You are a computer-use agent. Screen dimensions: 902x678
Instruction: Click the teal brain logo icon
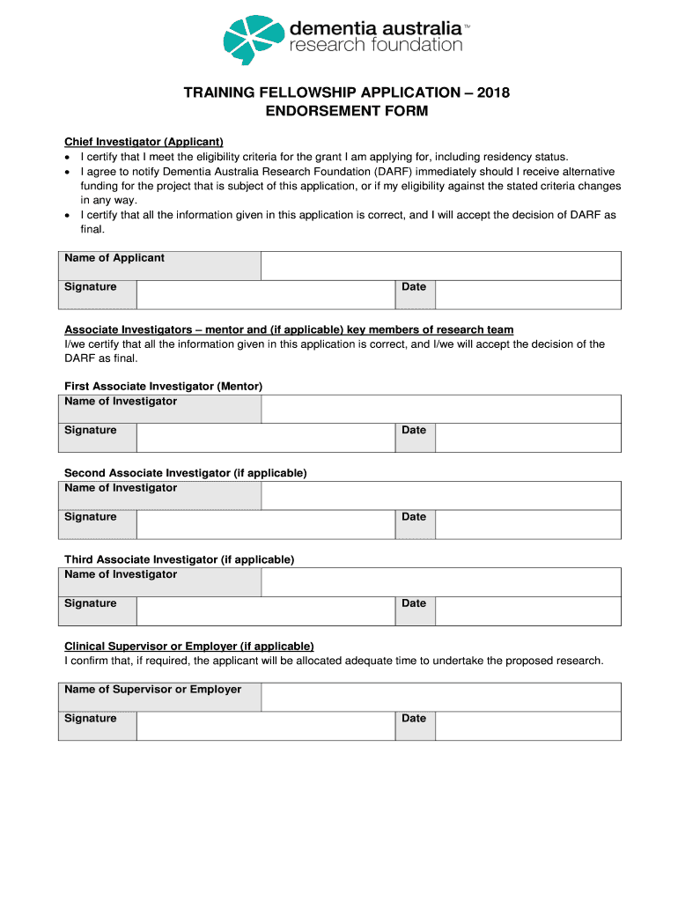coord(254,39)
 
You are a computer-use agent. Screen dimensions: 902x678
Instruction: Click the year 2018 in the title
coord(493,92)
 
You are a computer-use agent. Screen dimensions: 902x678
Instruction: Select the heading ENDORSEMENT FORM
coord(347,112)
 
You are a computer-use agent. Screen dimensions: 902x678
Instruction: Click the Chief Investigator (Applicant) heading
coord(144,142)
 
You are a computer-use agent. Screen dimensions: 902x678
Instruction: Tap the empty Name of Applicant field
coord(440,265)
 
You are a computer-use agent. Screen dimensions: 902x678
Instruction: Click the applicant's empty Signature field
coord(265,294)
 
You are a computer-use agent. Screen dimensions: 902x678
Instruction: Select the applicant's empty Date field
coord(527,294)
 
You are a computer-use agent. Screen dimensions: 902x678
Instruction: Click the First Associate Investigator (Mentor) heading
coord(164,387)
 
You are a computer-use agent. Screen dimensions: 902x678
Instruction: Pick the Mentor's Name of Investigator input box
coord(440,409)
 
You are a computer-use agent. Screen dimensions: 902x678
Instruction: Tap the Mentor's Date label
coord(414,431)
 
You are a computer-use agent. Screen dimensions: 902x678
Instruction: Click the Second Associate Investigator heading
coord(186,473)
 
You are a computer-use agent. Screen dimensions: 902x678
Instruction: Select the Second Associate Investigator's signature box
coord(265,524)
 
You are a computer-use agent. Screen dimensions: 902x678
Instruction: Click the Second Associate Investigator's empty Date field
coord(527,524)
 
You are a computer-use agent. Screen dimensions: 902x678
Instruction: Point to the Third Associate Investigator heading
coord(180,559)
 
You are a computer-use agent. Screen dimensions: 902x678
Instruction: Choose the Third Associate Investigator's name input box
coord(440,582)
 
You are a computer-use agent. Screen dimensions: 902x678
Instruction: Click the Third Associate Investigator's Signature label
coord(91,603)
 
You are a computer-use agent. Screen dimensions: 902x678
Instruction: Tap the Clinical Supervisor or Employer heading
coord(189,646)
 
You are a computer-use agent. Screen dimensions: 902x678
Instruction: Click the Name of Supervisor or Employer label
coord(152,690)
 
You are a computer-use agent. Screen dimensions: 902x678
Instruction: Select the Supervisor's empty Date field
coord(527,726)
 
